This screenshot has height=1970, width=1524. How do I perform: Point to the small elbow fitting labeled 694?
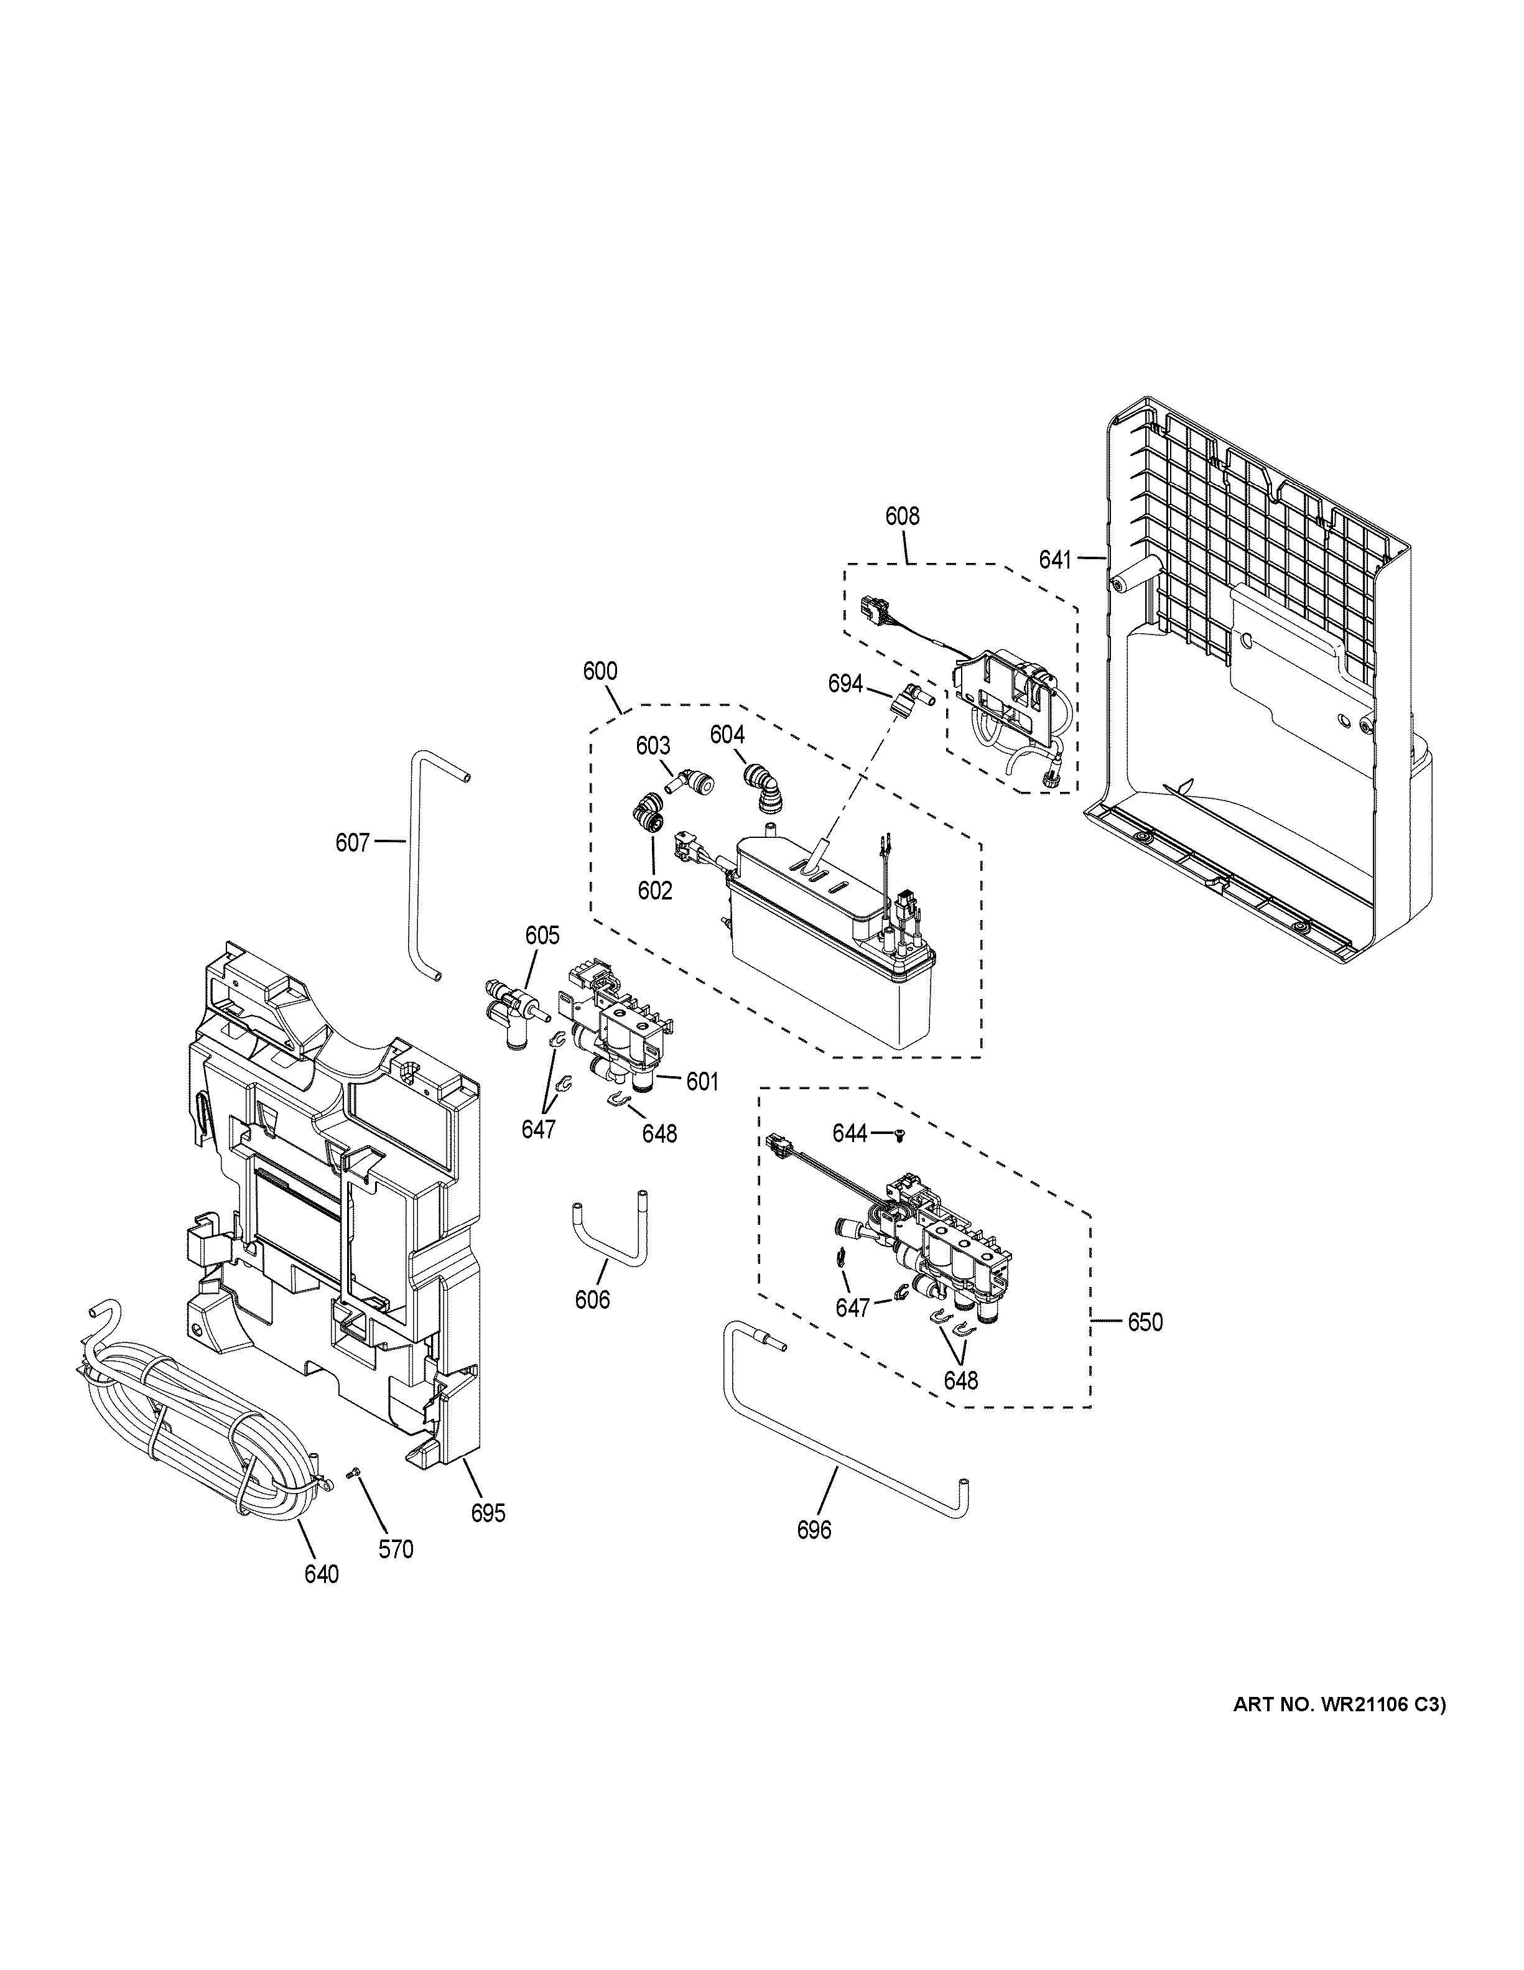click(x=902, y=698)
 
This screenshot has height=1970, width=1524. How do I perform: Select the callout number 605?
click(x=542, y=936)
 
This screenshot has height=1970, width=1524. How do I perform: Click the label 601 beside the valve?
click(x=702, y=1082)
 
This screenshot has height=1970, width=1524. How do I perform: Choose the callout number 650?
click(x=1145, y=1322)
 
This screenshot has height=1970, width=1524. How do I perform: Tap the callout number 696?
click(x=814, y=1530)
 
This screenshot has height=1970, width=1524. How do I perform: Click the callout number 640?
click(x=321, y=1574)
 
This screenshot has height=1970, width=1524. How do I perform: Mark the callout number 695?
click(x=488, y=1513)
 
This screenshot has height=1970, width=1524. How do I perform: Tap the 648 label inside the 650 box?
click(x=960, y=1380)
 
